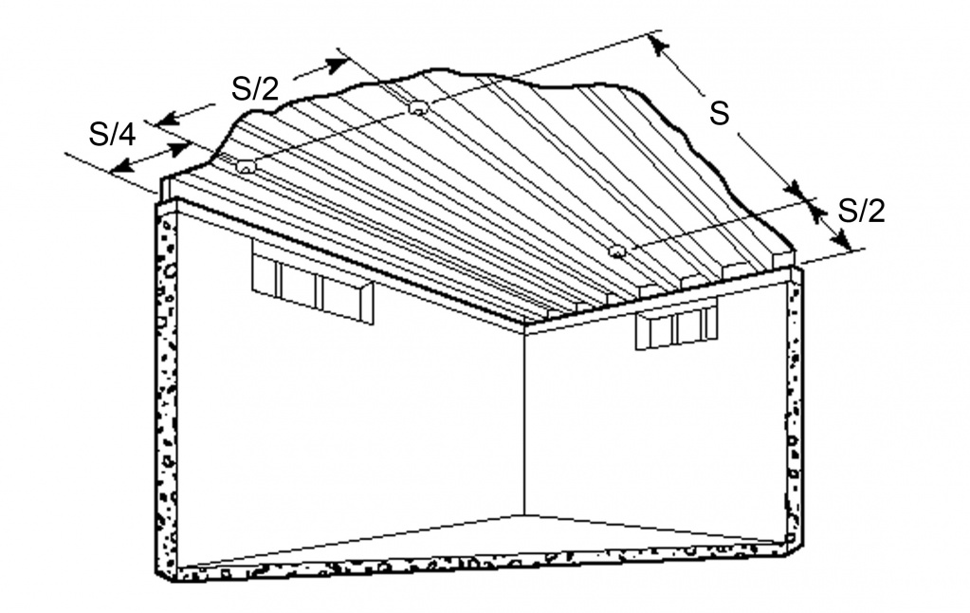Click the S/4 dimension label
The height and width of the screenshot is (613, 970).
click(x=112, y=135)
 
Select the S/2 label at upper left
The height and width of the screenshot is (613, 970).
click(x=255, y=88)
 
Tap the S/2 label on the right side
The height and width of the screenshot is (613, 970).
click(x=861, y=212)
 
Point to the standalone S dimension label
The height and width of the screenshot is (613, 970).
click(x=719, y=113)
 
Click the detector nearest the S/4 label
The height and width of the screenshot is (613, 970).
click(x=247, y=166)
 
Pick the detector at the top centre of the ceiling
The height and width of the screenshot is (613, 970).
click(x=418, y=108)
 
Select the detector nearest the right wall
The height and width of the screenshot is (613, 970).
click(x=616, y=251)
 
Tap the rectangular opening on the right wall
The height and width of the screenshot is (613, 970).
click(x=677, y=324)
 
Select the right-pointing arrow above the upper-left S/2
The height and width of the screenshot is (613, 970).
click(x=320, y=68)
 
